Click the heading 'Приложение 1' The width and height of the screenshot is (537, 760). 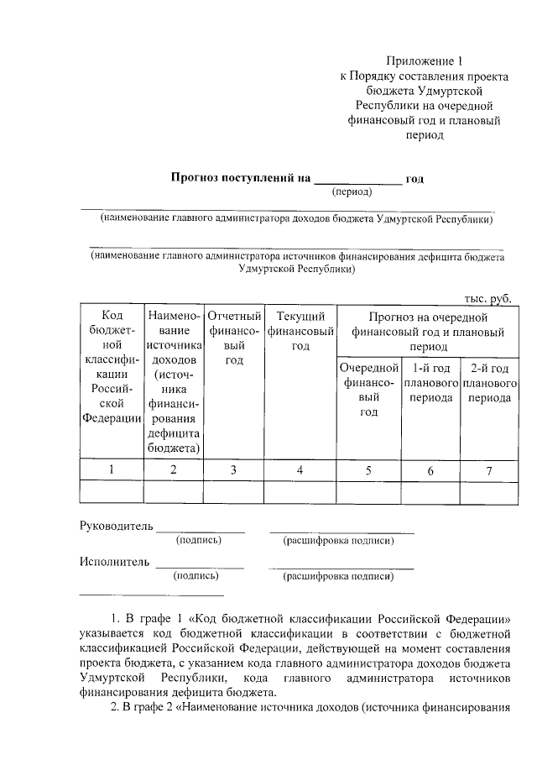click(x=424, y=60)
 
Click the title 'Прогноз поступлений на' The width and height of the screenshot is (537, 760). click(x=241, y=178)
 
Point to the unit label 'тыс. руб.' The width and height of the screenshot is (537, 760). click(x=487, y=298)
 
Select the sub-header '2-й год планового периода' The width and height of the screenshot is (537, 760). click(x=489, y=382)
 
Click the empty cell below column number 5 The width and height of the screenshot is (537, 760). click(x=368, y=491)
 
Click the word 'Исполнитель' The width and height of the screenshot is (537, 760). click(x=114, y=561)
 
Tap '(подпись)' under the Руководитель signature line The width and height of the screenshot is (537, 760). click(x=196, y=541)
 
